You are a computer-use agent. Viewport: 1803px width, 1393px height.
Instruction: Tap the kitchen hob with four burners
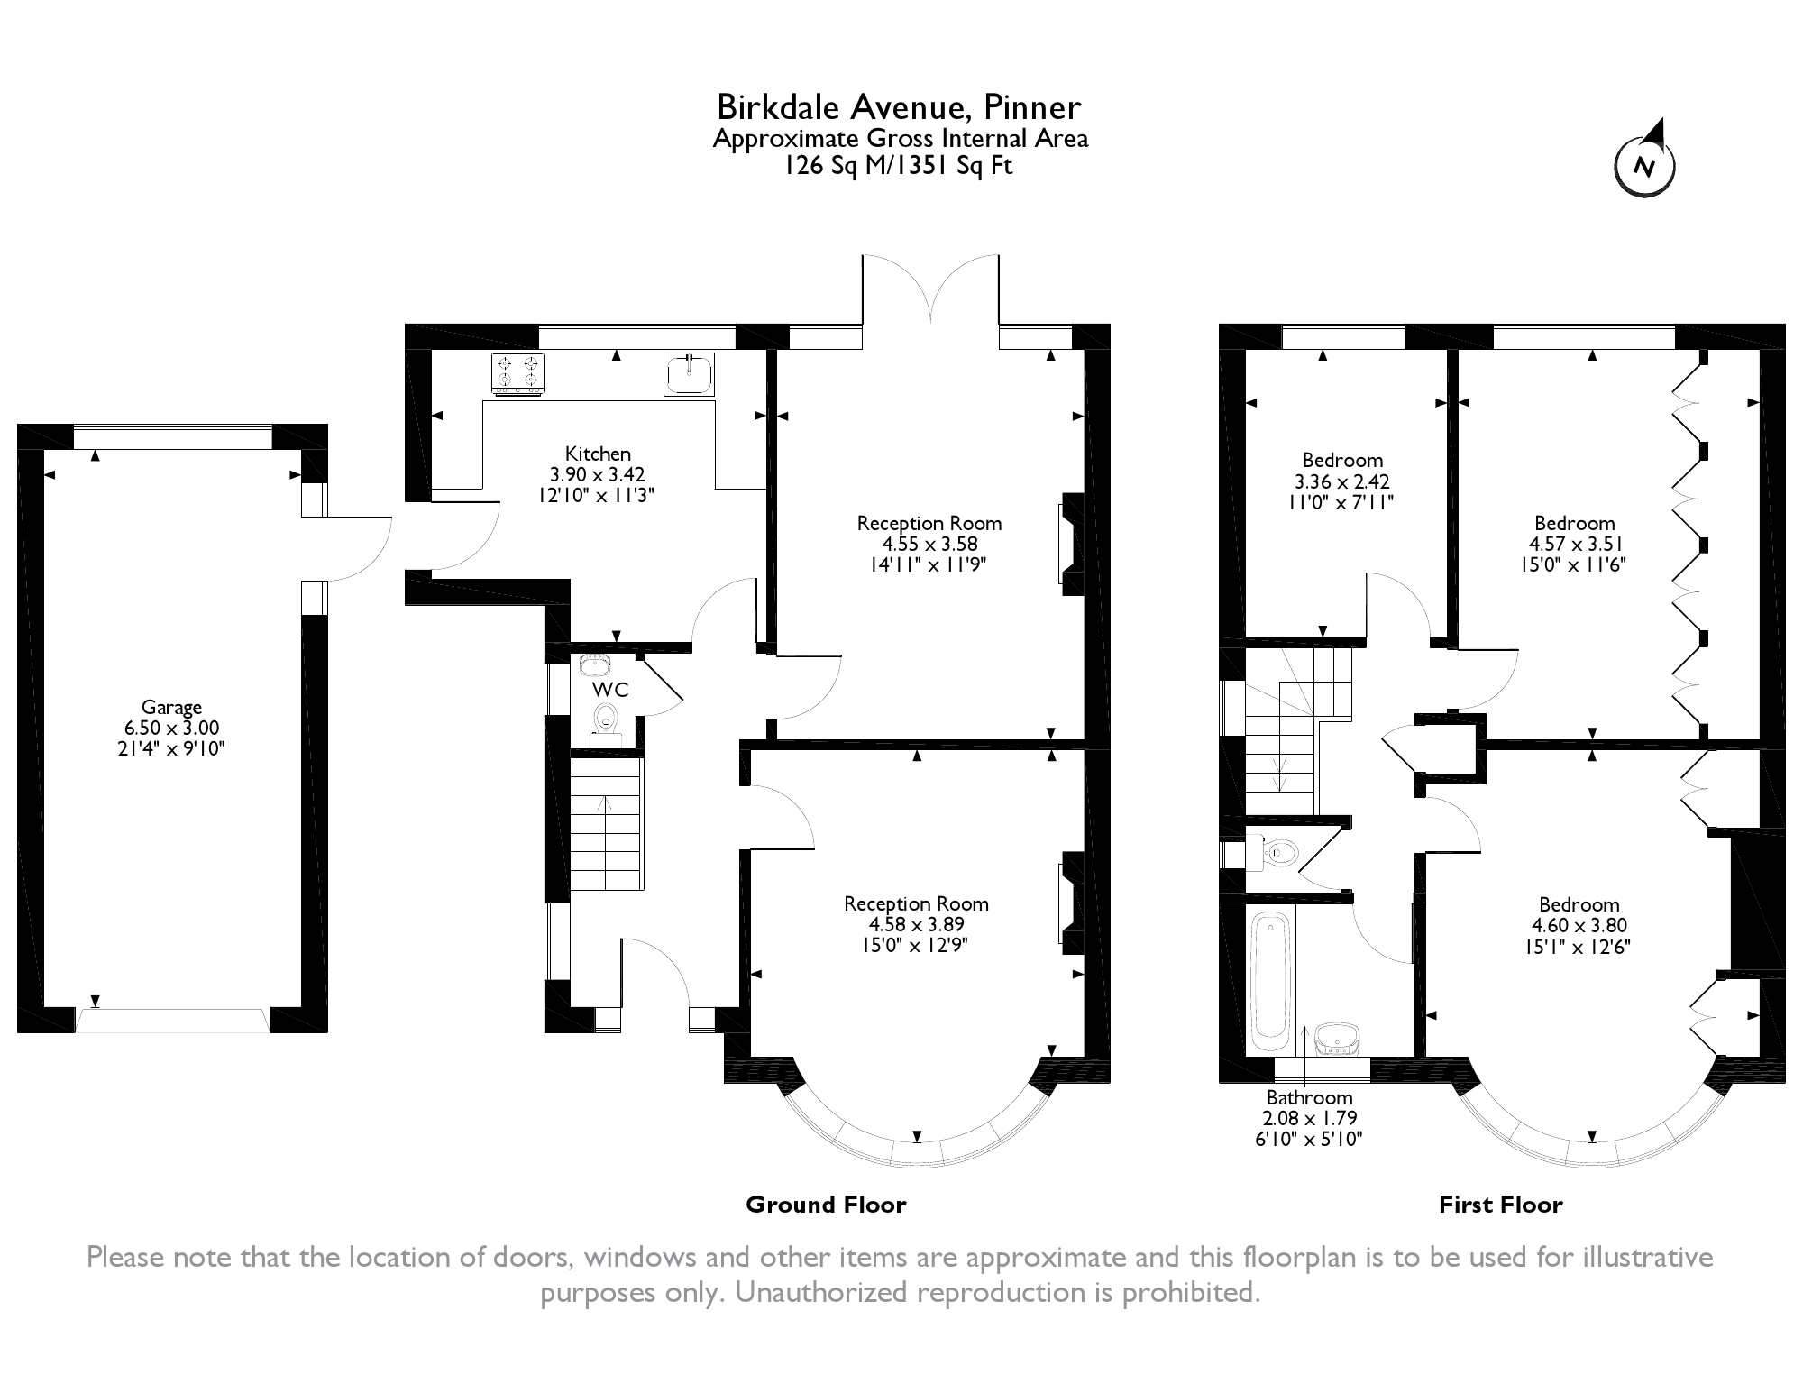click(x=518, y=373)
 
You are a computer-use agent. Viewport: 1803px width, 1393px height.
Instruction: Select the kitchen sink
click(x=689, y=373)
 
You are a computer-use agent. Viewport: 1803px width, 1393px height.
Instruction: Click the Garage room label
click(x=171, y=708)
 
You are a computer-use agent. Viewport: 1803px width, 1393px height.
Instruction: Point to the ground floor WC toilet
click(x=606, y=719)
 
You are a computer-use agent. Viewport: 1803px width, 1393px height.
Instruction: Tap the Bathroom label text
click(x=1309, y=1098)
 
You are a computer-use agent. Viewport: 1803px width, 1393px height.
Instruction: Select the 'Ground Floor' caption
click(x=826, y=1205)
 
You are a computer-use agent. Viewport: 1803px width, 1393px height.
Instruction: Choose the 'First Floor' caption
click(x=1500, y=1205)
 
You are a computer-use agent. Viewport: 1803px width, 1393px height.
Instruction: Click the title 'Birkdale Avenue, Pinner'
click(x=899, y=107)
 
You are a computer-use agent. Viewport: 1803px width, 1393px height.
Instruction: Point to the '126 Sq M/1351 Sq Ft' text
click(x=899, y=166)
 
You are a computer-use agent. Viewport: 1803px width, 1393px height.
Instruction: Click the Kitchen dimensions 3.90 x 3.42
click(x=598, y=474)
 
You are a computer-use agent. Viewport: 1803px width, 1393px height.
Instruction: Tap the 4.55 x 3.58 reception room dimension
click(x=929, y=544)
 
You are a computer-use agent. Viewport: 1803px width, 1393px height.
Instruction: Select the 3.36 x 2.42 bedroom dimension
click(x=1341, y=481)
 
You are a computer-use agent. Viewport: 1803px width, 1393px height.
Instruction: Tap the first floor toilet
click(x=1280, y=851)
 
